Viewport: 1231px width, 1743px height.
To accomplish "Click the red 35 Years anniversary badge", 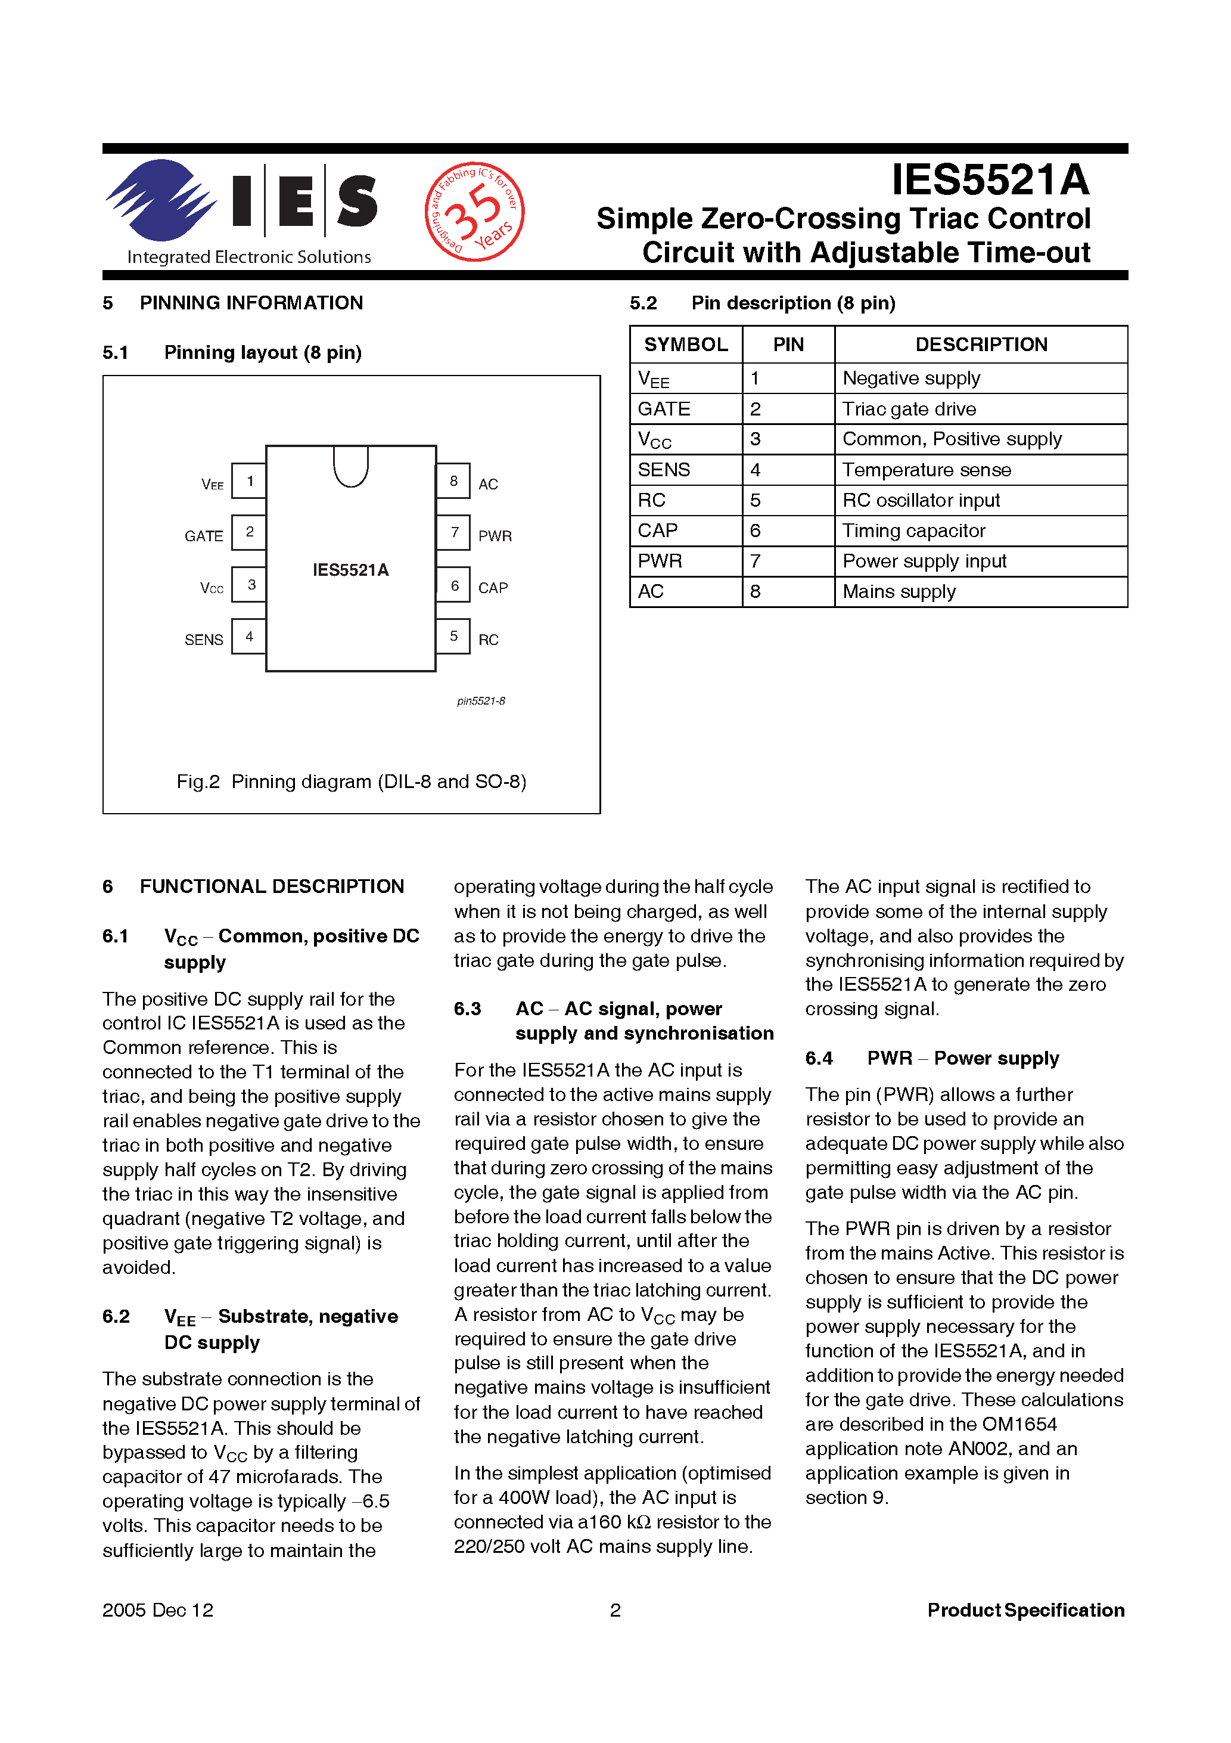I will tap(474, 212).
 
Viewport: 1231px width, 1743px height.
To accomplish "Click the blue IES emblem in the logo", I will tap(161, 200).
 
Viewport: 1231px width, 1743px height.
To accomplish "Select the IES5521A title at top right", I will tap(990, 181).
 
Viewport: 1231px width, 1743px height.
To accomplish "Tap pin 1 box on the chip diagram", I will tap(249, 480).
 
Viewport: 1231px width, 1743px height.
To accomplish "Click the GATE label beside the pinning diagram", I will tap(203, 536).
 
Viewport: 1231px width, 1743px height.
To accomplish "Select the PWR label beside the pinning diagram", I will tap(495, 536).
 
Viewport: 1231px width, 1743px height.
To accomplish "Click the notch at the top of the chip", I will tap(350, 466).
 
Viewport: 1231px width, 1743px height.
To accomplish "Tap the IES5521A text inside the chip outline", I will tap(350, 570).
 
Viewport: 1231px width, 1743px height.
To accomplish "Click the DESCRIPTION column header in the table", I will tap(981, 345).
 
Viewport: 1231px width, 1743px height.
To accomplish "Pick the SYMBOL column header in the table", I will tap(686, 345).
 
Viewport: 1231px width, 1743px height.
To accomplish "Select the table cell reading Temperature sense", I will tap(926, 470).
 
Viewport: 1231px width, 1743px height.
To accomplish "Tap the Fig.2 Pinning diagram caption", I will tap(352, 781).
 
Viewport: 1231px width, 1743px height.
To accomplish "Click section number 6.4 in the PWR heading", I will tap(819, 1058).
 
